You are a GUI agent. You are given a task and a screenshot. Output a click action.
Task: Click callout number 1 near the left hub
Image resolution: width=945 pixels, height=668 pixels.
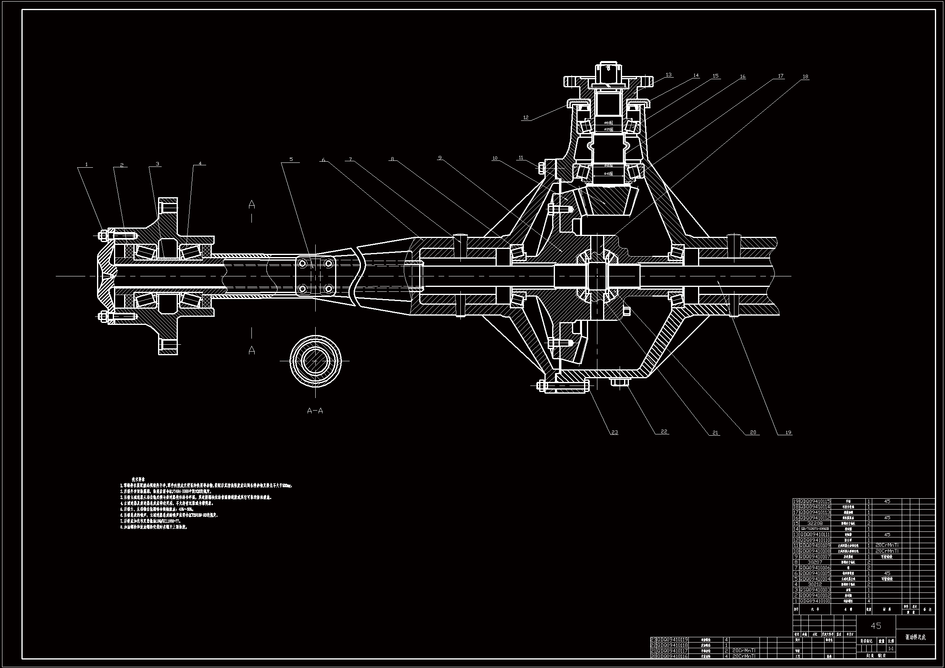tap(86, 164)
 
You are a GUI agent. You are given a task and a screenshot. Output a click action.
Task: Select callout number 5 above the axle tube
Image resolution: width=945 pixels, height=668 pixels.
tap(291, 159)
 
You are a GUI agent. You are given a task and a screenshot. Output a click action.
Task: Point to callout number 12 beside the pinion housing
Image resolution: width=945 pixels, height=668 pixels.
tap(525, 118)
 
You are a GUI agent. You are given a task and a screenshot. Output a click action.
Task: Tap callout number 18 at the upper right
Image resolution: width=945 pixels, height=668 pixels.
tap(806, 76)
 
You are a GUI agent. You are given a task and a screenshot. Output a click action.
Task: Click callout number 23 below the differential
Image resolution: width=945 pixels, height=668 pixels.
tap(614, 432)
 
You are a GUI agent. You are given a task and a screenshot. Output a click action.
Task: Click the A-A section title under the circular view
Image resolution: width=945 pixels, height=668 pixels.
tap(315, 411)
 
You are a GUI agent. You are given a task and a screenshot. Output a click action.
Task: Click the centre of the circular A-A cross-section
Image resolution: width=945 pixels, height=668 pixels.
tap(316, 361)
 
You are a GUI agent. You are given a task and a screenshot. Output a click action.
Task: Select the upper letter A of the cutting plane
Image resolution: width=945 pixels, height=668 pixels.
tap(252, 204)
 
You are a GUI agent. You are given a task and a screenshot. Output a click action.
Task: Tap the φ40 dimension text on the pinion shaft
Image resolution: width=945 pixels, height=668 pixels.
tap(608, 174)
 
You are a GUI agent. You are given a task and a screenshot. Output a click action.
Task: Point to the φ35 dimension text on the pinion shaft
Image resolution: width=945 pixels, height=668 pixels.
tap(608, 129)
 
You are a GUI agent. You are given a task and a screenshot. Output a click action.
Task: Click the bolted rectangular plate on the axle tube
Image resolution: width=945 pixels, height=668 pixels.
tap(315, 276)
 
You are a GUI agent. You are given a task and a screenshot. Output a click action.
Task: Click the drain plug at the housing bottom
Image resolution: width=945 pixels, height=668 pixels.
tap(620, 383)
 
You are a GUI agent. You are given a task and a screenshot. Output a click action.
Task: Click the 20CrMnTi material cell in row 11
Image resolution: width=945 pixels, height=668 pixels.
tap(887, 545)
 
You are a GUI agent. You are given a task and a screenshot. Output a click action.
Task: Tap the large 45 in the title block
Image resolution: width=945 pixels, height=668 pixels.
tap(876, 626)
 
